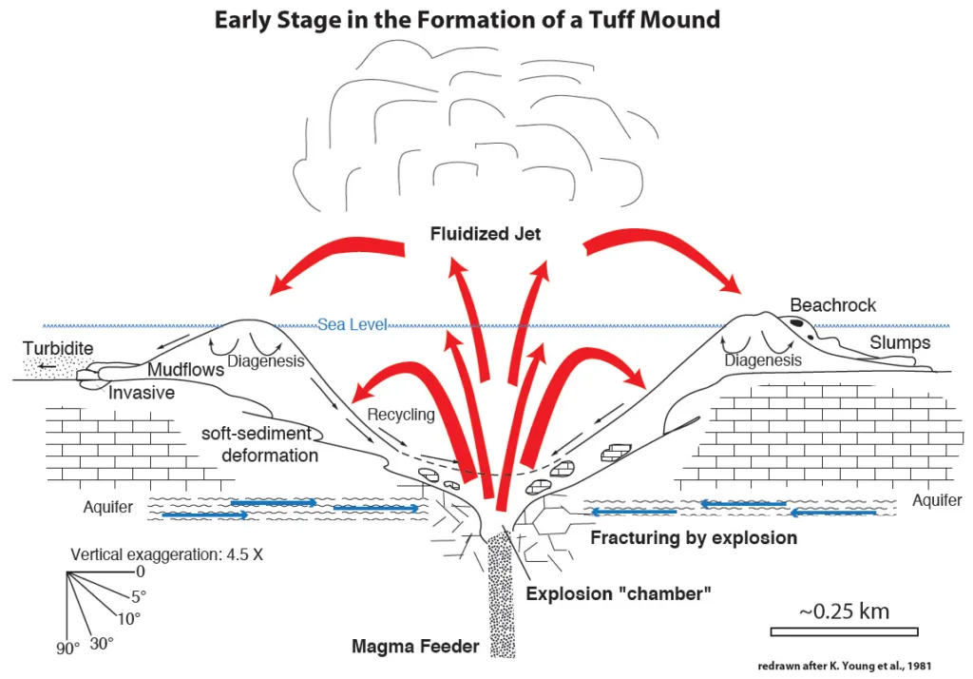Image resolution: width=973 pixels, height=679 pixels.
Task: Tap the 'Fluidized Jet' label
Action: [x=485, y=234]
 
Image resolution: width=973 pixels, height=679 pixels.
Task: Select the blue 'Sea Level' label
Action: [x=353, y=325]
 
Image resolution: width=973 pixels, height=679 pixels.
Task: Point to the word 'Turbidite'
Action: [x=59, y=349]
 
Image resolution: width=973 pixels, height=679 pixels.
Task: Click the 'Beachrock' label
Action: [x=833, y=305]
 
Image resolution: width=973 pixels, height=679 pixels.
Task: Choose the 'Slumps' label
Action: [x=901, y=341]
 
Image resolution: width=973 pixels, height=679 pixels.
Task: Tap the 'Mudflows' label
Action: [x=185, y=370]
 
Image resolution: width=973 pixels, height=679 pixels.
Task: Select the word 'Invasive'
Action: [x=142, y=392]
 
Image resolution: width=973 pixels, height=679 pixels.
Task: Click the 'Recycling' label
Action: [x=400, y=415]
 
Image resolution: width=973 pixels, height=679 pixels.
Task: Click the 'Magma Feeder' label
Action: [x=415, y=648]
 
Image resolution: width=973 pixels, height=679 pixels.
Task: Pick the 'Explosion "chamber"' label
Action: [x=619, y=593]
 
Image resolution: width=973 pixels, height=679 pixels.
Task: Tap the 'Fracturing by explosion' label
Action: [x=694, y=538]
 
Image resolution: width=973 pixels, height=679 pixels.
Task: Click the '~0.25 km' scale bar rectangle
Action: [x=844, y=631]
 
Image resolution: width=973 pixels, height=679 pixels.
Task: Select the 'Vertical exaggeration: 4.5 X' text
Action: [x=166, y=554]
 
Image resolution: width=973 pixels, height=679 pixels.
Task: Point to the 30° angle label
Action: [x=102, y=643]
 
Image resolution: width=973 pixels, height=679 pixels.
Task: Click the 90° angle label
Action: [x=67, y=650]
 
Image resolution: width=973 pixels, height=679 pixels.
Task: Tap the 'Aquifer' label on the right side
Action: [x=937, y=500]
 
